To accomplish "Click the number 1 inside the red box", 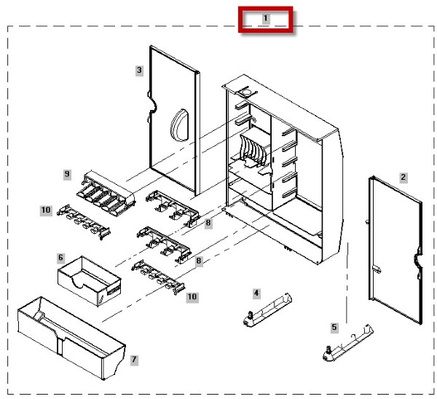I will pyautogui.click(x=266, y=19).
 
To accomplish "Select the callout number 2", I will pyautogui.click(x=402, y=177).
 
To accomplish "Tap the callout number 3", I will pyautogui.click(x=139, y=70).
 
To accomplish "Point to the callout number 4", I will pyautogui.click(x=256, y=293).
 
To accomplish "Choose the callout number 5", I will pyautogui.click(x=334, y=327).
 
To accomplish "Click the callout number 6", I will pyautogui.click(x=61, y=258).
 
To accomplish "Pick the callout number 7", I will pyautogui.click(x=134, y=360).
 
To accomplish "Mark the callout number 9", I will pyautogui.click(x=67, y=174).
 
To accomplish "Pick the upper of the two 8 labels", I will pyautogui.click(x=208, y=223).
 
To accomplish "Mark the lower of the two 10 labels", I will pyautogui.click(x=192, y=296).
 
